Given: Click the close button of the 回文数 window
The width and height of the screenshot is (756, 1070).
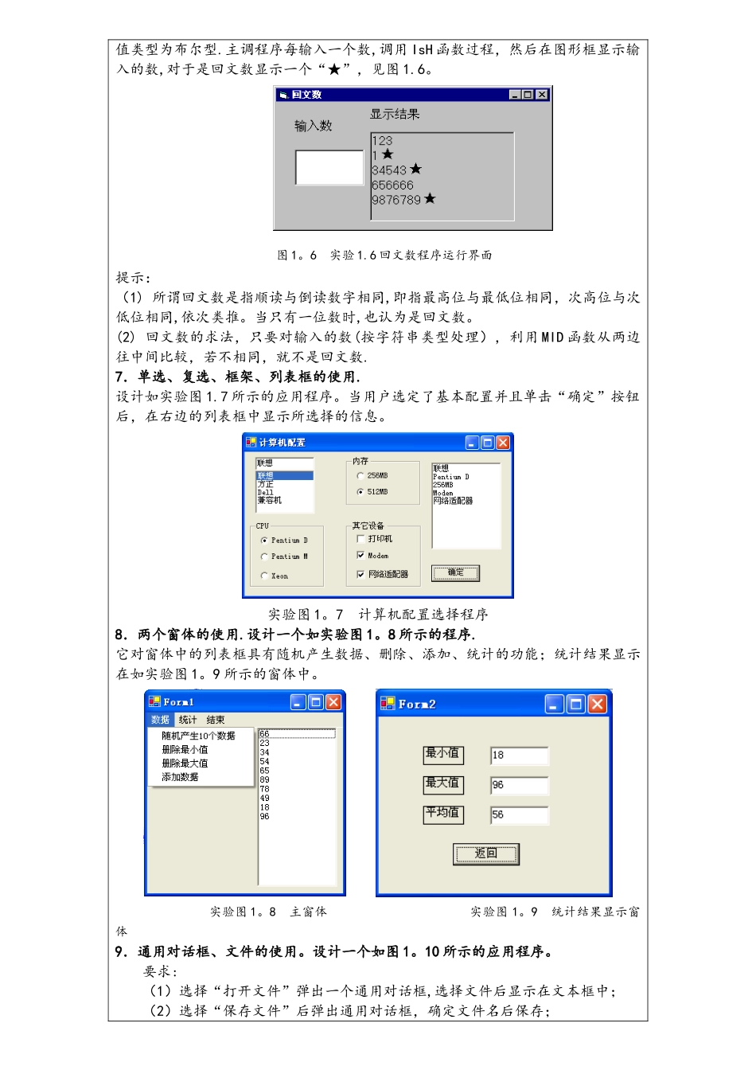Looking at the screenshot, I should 542,95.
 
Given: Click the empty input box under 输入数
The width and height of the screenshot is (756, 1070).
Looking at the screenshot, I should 329,167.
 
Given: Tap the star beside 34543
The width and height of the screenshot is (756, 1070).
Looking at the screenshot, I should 416,170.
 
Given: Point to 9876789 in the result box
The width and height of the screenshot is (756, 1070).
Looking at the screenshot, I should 396,200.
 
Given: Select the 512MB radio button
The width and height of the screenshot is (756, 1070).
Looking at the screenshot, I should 360,492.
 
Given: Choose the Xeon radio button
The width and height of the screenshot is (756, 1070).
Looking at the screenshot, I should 264,576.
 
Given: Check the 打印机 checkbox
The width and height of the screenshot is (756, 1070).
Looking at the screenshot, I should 360,539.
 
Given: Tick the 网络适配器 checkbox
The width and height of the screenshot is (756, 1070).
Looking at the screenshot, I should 360,574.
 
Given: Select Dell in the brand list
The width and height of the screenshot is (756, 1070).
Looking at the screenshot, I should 266,493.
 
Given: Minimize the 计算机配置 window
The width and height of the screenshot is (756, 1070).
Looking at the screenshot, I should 472,443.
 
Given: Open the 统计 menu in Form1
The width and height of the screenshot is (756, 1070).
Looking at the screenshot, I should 188,720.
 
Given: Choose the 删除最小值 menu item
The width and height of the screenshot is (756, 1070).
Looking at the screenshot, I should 185,750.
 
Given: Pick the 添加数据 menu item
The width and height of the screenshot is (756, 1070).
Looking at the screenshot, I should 180,777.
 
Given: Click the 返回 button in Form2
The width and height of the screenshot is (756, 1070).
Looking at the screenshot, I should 486,853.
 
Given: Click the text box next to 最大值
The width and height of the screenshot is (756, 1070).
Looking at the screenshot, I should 520,785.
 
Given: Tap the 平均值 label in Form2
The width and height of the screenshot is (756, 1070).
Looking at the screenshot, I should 442,814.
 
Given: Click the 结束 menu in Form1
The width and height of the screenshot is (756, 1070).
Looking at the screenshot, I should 216,720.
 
